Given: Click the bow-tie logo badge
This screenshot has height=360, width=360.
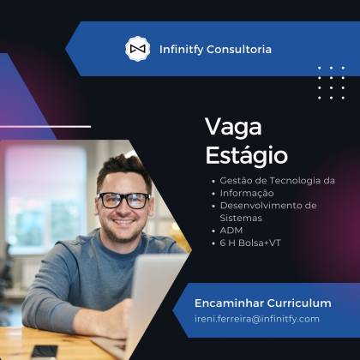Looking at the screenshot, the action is point(138,49).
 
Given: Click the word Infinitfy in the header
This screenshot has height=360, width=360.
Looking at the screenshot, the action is point(181,49).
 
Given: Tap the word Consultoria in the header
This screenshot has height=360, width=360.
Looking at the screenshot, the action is point(239,49).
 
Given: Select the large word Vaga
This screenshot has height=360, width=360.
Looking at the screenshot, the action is point(233,128).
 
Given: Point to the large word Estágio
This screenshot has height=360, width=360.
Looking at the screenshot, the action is point(247,155).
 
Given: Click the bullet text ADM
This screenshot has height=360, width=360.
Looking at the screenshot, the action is point(231,231).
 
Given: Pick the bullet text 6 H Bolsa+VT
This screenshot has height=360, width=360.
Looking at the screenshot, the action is point(250,243).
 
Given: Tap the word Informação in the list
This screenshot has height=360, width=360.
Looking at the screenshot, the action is point(247,193).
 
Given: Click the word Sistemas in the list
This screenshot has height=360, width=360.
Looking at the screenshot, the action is point(241,218).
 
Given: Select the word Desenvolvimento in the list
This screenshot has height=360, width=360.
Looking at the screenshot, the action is point(259,206).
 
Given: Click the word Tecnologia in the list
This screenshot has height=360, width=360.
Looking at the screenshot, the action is point(295,181).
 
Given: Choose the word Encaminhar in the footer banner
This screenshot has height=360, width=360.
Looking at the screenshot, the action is point(229,303).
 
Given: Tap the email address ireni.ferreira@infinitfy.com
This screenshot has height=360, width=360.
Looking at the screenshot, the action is point(257,319).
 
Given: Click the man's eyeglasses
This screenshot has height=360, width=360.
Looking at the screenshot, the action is point(124,200).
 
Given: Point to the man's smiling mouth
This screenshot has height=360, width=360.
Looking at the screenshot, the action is point(123,222).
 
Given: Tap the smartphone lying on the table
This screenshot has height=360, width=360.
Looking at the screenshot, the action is point(45,352).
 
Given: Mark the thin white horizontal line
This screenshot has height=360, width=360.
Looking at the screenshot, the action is point(45,126).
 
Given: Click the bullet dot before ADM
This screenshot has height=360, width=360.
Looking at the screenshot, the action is point(213,231).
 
